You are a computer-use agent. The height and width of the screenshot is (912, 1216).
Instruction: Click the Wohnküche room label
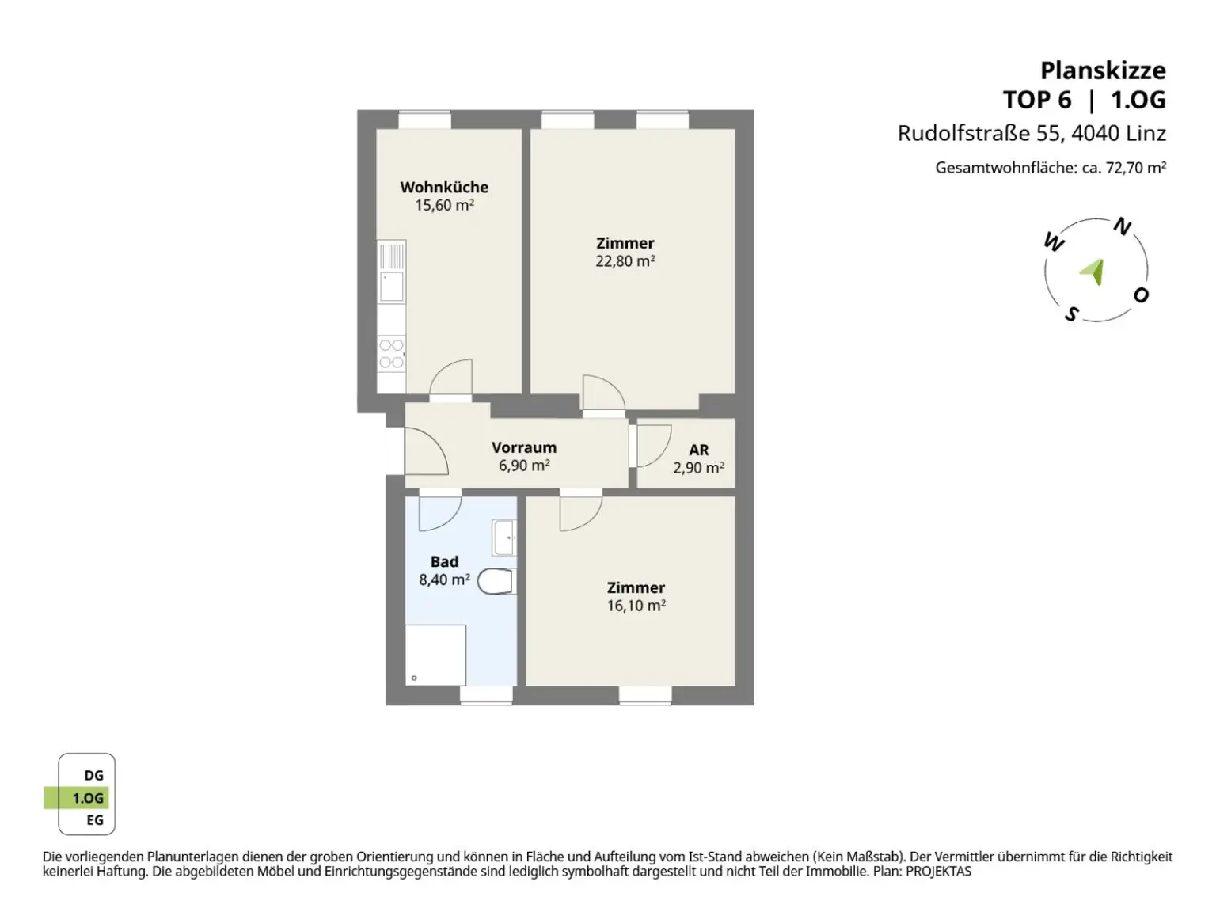[x=444, y=187]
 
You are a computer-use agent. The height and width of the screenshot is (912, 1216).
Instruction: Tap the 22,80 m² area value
[x=625, y=260]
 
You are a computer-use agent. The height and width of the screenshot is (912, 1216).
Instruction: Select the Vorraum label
[x=524, y=447]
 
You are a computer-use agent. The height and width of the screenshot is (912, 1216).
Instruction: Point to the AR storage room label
[x=698, y=450]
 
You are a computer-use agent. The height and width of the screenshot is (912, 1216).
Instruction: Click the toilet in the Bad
[x=497, y=581]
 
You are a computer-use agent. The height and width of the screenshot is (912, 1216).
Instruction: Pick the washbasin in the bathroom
[x=504, y=537]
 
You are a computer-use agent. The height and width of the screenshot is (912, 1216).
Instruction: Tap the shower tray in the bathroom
[x=435, y=655]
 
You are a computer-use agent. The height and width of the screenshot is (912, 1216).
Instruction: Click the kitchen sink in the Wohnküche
[x=392, y=287]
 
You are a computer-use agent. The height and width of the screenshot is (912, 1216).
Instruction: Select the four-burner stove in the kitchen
[x=391, y=354]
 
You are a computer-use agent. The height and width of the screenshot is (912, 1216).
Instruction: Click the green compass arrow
[x=1093, y=272]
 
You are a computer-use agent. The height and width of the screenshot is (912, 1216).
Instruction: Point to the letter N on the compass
[x=1122, y=226]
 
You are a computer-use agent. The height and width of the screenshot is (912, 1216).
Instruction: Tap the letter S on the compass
[x=1072, y=314]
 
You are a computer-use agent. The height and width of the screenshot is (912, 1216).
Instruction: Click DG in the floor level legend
[x=93, y=775]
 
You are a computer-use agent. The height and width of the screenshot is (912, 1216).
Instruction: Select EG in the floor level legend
[x=95, y=820]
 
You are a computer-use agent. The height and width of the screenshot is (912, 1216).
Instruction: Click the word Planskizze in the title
[x=1103, y=71]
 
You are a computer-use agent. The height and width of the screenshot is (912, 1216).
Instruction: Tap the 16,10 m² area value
[x=636, y=606]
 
